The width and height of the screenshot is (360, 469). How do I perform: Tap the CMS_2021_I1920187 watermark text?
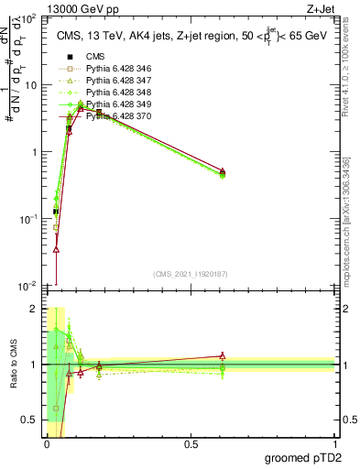click(x=191, y=274)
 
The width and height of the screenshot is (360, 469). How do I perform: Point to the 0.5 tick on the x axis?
click(x=191, y=444)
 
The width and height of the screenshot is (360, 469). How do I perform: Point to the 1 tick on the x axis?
click(x=335, y=444)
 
